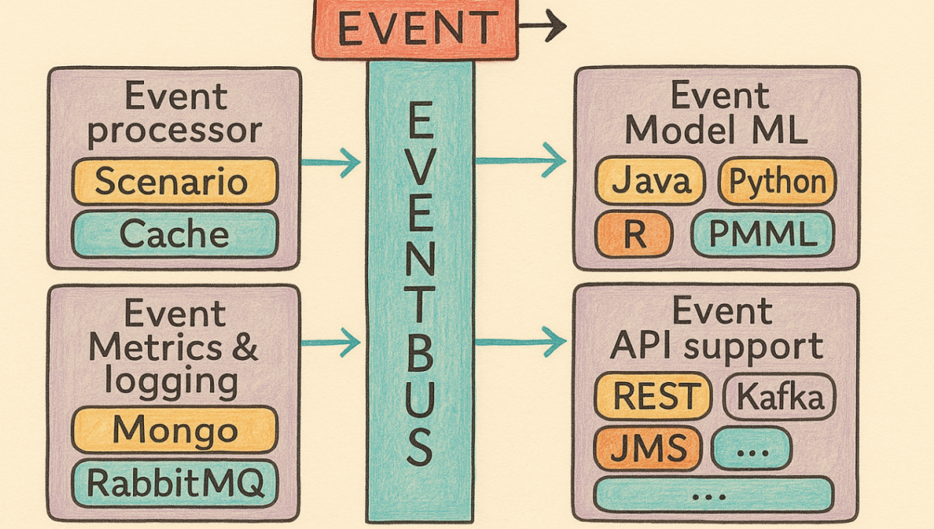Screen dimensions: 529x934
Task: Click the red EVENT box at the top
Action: pyautogui.click(x=415, y=30)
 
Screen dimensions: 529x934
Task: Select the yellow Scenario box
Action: pyautogui.click(x=174, y=182)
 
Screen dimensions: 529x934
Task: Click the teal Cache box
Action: pyautogui.click(x=174, y=234)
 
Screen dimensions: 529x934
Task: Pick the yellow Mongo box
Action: pyautogui.click(x=174, y=430)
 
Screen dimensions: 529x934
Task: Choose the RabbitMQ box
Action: pyautogui.click(x=174, y=483)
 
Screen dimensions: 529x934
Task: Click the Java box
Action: pyautogui.click(x=650, y=182)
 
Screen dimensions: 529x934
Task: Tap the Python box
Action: pyautogui.click(x=777, y=182)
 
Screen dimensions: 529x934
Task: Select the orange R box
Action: pyautogui.click(x=634, y=234)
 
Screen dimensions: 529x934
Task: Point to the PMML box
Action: pyautogui.click(x=763, y=234)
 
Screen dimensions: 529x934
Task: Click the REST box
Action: pyautogui.click(x=653, y=398)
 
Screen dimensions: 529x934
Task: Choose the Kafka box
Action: pyautogui.click(x=779, y=398)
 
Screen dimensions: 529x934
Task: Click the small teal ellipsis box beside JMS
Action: pyautogui.click(x=751, y=449)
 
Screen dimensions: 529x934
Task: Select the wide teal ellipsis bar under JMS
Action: pyautogui.click(x=713, y=494)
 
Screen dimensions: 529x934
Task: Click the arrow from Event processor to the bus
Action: pyautogui.click(x=331, y=163)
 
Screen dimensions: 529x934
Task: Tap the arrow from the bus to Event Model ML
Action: pyautogui.click(x=520, y=161)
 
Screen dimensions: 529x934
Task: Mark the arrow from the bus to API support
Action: pyautogui.click(x=520, y=341)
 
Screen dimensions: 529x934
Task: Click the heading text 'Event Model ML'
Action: pyautogui.click(x=716, y=114)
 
